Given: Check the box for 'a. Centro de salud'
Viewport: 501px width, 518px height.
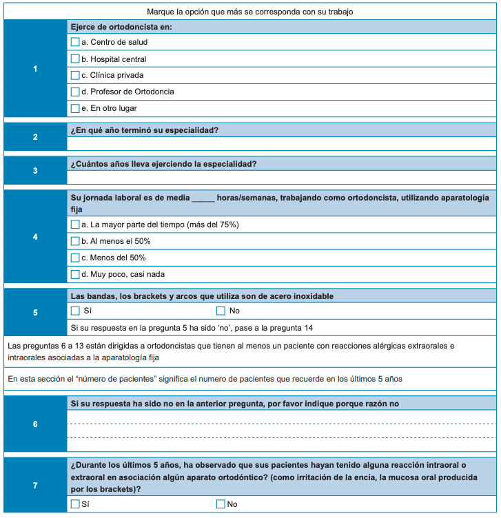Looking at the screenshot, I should coord(75,42).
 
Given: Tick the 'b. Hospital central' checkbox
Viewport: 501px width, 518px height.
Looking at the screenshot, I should coord(75,59).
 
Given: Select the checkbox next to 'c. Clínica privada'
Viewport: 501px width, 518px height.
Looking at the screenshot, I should coord(75,75).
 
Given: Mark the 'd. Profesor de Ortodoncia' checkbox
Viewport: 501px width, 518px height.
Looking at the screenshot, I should coord(75,92).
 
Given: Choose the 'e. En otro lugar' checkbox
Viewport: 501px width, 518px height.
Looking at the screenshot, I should coord(75,108).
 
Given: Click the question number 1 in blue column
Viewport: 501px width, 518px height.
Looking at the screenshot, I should coord(35,68).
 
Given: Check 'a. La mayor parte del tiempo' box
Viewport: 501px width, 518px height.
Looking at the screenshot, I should coord(75,225).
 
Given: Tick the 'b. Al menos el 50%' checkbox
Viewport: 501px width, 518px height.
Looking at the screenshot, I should coord(75,241).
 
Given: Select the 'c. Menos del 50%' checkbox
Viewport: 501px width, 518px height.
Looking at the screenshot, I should coord(75,258).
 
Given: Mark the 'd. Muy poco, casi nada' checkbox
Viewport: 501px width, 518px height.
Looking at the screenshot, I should coord(75,274).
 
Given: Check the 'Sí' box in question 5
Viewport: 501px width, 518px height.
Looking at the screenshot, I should coord(75,311).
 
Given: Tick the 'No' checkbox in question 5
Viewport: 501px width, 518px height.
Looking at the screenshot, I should coord(221,311).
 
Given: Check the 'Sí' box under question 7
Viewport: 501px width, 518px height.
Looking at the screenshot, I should coord(75,504).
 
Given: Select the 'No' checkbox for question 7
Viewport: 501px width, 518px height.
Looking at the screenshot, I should coord(221,504).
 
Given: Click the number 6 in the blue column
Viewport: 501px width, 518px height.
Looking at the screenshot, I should coord(35,424).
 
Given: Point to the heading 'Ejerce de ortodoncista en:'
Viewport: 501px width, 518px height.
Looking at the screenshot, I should coord(121,26).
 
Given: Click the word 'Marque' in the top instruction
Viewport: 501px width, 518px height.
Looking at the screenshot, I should coord(161,12).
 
